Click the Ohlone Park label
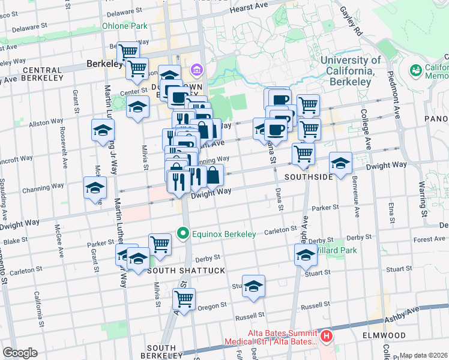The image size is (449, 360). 124,26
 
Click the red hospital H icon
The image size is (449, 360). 326,337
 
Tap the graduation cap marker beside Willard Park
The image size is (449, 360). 306,256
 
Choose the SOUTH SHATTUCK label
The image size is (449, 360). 178,271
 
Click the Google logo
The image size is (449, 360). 20,353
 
